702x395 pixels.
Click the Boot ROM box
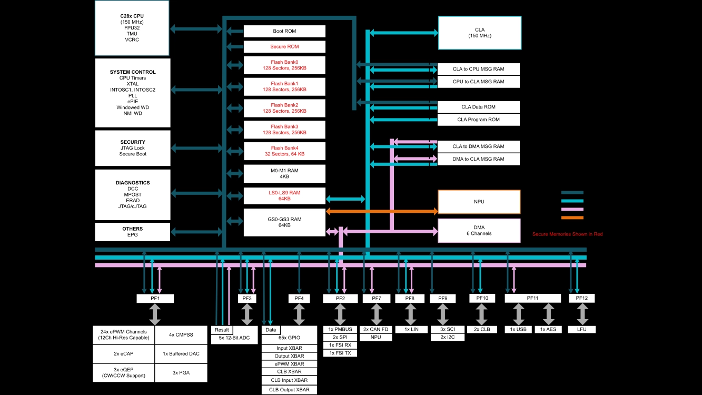[284, 31]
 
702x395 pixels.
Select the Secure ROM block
[284, 47]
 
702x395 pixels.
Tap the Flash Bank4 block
[284, 151]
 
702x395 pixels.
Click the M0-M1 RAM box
[284, 173]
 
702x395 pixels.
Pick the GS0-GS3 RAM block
[284, 222]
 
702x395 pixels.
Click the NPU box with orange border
[479, 202]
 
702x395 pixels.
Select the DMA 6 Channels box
[479, 230]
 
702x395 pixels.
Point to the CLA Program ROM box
[479, 120]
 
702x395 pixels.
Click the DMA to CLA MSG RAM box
[479, 159]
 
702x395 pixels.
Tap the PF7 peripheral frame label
[377, 299]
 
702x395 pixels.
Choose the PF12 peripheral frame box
[582, 298]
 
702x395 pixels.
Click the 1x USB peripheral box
[518, 329]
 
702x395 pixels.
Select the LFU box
[582, 329]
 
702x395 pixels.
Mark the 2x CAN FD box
[376, 329]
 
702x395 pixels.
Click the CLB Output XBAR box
[289, 390]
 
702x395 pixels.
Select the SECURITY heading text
[133, 142]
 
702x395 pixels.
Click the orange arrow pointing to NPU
[382, 211]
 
